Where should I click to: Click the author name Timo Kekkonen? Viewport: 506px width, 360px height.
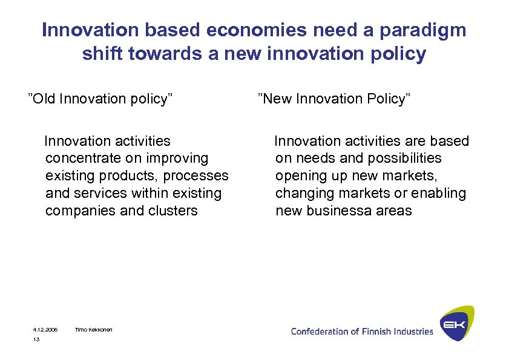click(x=93, y=330)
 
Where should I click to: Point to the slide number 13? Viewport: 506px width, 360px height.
click(x=36, y=340)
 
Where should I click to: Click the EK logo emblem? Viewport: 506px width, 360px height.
click(x=456, y=324)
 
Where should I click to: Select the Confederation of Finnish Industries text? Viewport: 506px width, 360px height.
click(x=362, y=331)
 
